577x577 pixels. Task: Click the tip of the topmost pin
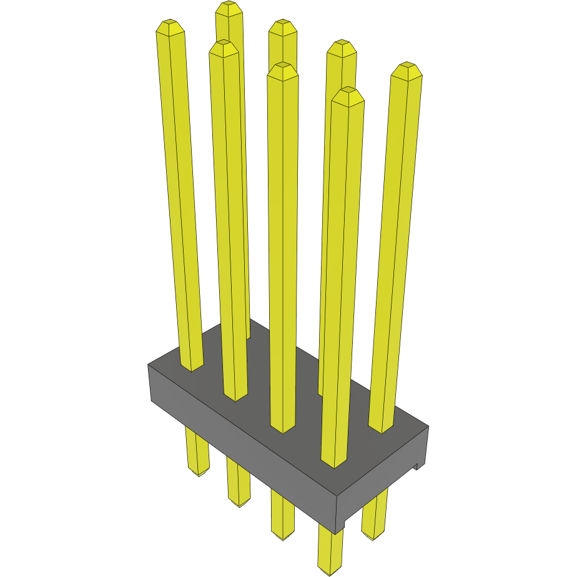coord(229,9)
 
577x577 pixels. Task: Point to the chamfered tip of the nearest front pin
coord(348,96)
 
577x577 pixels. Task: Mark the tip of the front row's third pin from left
coord(282,70)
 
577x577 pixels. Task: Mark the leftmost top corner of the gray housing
coord(148,365)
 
